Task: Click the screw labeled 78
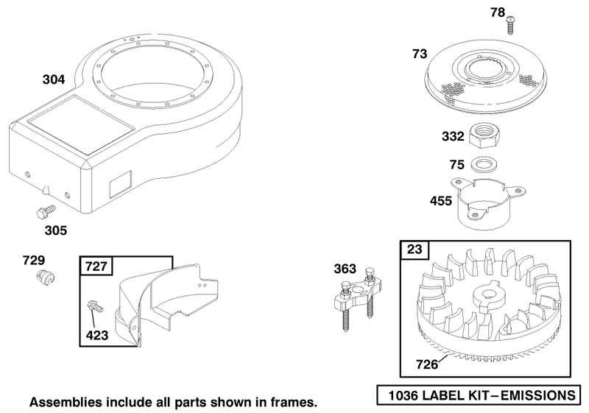tap(510, 25)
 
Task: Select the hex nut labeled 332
tap(485, 137)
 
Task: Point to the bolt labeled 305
tap(46, 213)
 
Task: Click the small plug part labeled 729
tap(46, 278)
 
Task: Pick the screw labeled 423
tap(95, 306)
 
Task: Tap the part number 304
tap(54, 80)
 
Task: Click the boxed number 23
tap(415, 250)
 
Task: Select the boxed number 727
tap(96, 266)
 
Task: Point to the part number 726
tap(427, 364)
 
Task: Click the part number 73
tap(420, 54)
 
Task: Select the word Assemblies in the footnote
tap(66, 402)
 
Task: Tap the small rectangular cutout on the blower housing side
tap(120, 184)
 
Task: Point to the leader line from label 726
tap(444, 356)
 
